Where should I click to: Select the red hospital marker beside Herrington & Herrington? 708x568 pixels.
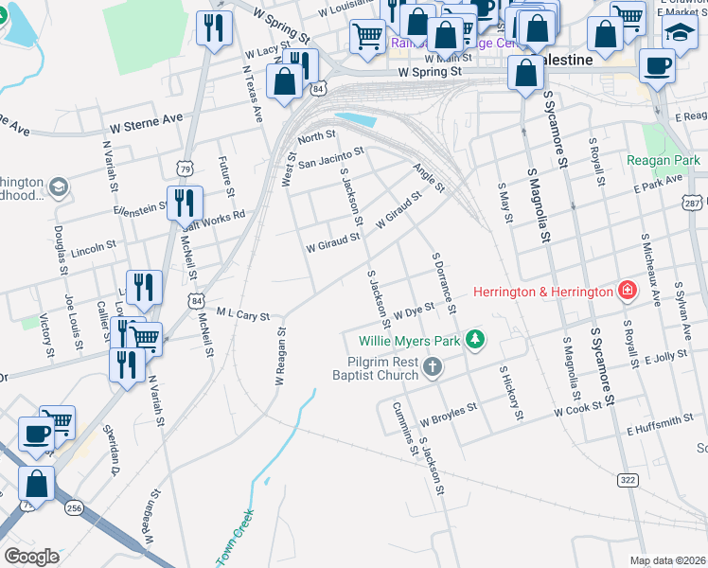[626, 292]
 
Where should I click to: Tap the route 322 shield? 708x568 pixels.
[626, 480]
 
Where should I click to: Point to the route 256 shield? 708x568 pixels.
[74, 508]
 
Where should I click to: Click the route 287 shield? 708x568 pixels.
[693, 203]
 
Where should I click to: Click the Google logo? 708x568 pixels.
[31, 556]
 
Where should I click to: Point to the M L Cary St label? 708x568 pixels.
[243, 314]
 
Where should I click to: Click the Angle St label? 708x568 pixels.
[428, 177]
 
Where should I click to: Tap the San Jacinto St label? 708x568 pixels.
[330, 158]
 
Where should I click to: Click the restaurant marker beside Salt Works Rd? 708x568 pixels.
[183, 203]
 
